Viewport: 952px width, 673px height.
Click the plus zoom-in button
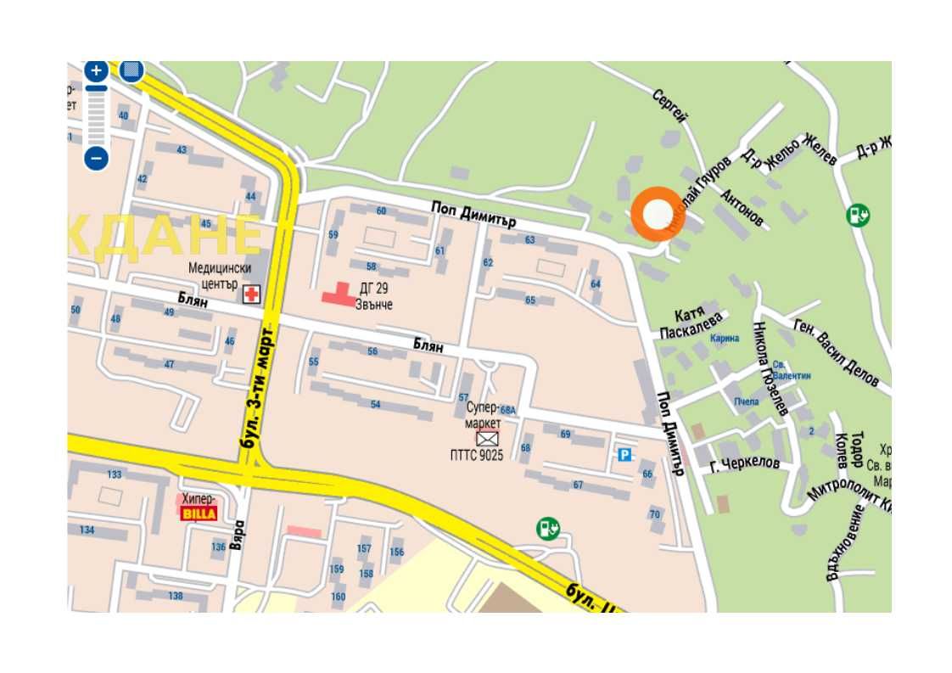click(96, 70)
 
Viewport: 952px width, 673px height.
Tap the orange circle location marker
click(657, 214)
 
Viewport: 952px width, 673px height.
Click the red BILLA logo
click(198, 513)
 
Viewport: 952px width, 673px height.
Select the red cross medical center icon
click(252, 294)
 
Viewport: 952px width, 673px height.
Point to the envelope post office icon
click(486, 439)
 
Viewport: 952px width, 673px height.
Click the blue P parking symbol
click(624, 456)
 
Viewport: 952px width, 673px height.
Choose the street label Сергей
click(669, 107)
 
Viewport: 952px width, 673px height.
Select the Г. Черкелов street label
click(744, 463)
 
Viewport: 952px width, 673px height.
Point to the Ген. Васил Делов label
click(836, 352)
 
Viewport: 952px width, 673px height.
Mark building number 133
click(114, 474)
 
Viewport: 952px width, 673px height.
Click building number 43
click(182, 150)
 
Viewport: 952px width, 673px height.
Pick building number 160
click(339, 597)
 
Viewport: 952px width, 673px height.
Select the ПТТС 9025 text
click(476, 456)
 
